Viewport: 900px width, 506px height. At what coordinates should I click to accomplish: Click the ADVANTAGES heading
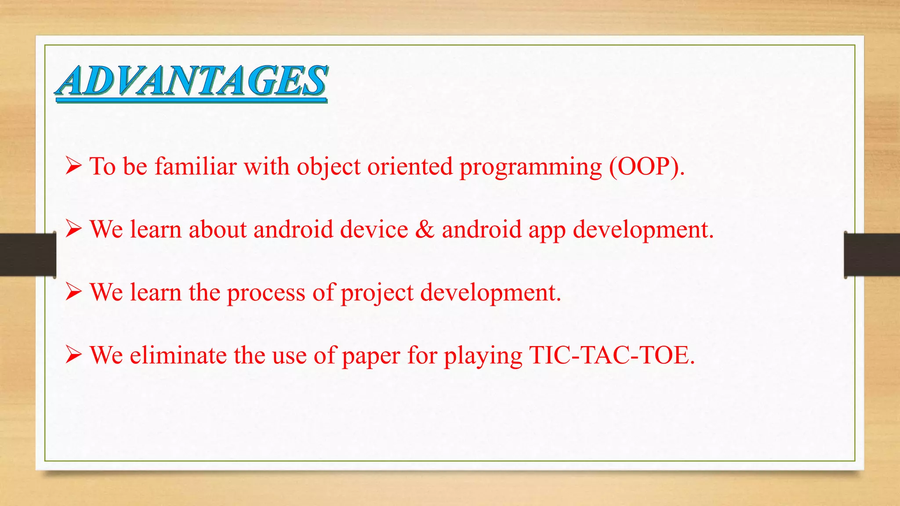(191, 81)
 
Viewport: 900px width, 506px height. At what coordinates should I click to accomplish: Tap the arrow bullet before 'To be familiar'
(73, 166)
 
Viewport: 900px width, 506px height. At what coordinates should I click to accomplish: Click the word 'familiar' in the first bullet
(196, 166)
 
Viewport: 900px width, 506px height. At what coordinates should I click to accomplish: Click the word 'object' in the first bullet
(328, 167)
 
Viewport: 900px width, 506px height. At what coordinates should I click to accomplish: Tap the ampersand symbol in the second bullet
(425, 229)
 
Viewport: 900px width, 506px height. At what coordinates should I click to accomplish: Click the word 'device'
(374, 229)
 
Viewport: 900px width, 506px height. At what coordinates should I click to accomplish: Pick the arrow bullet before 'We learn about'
(73, 229)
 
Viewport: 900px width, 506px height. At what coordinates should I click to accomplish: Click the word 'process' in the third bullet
(266, 293)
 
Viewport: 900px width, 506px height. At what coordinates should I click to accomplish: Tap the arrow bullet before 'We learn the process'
(73, 292)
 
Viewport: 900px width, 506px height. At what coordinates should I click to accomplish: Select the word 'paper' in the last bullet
(370, 356)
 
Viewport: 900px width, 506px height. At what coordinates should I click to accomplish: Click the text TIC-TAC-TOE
(611, 355)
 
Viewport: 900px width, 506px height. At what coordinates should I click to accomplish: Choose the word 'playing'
(483, 356)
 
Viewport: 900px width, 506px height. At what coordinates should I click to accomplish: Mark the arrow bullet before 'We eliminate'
(73, 354)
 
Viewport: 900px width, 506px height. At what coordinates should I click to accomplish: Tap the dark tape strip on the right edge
(872, 255)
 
